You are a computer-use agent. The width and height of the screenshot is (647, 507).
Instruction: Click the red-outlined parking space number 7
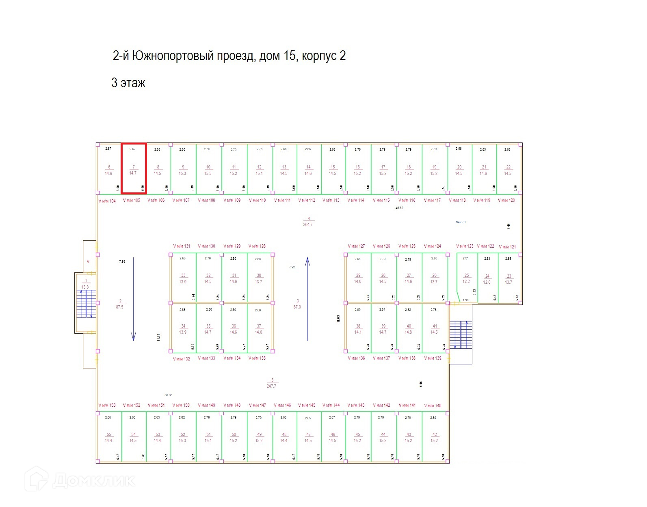(x=134, y=168)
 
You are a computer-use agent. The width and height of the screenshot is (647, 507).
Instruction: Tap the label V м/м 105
(x=132, y=200)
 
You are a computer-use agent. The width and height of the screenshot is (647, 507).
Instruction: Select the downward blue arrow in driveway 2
(x=133, y=299)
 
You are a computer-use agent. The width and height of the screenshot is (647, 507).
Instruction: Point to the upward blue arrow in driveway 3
(x=307, y=299)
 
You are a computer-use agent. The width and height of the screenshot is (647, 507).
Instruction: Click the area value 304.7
(x=308, y=224)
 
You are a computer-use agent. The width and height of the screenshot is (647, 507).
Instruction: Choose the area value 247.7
(x=271, y=386)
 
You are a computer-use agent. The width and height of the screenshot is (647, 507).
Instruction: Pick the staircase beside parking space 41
(x=461, y=335)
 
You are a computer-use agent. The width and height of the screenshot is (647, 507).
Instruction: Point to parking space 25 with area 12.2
(x=467, y=278)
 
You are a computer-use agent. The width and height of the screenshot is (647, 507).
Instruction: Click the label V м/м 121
(x=507, y=247)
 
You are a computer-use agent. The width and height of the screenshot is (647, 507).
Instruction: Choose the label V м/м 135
(x=257, y=358)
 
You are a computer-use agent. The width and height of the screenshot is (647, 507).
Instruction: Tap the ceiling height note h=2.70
(x=461, y=222)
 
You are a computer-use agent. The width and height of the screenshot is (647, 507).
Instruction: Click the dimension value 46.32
(x=399, y=208)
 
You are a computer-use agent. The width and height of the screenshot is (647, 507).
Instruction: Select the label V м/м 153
(x=107, y=405)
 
